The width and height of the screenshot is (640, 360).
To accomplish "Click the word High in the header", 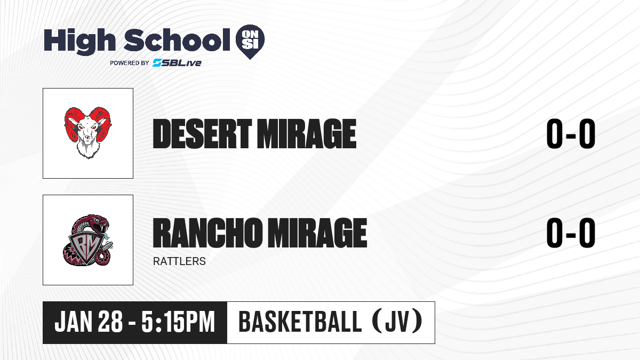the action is [80, 41].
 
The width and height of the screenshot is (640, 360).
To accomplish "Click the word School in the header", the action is [177, 40].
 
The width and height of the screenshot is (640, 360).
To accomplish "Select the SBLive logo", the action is [177, 62].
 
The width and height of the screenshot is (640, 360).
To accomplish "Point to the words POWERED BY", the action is [130, 63].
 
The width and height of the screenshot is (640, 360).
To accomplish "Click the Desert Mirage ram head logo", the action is [88, 133].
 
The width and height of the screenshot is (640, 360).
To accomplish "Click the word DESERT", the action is [202, 134].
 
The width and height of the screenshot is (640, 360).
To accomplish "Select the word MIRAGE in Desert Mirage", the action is [307, 134].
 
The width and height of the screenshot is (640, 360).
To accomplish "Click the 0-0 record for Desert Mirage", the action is [571, 133].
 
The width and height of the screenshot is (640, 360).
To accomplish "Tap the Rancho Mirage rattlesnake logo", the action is [88, 240].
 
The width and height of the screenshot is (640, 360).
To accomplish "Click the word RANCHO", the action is [207, 233].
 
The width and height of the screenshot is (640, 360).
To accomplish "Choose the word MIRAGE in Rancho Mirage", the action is [317, 233].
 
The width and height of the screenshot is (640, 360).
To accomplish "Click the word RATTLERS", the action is [179, 261].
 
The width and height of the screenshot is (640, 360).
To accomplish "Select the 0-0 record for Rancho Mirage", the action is [571, 233].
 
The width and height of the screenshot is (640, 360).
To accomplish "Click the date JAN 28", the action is [89, 322].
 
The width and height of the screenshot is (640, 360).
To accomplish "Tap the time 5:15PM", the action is [178, 322].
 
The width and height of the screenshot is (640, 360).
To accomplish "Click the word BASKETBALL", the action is [300, 322].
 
